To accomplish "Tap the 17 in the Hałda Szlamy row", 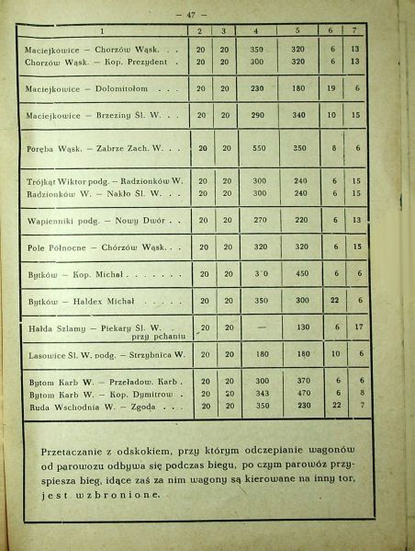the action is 361,327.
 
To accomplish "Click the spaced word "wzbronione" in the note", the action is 121,495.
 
